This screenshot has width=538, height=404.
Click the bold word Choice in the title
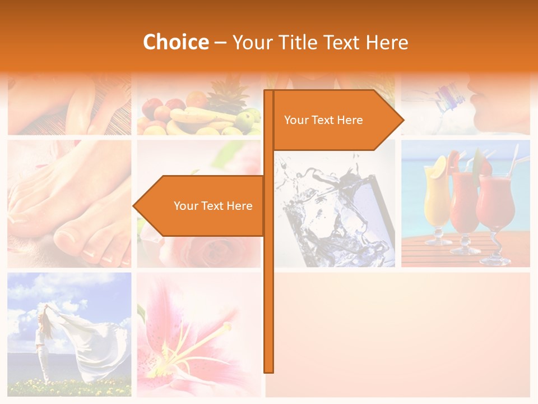tap(175, 43)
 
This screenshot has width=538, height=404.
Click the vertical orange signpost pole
tap(269, 281)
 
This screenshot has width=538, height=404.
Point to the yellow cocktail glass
tap(437, 202)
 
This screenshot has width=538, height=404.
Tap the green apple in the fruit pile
tap(245, 119)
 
